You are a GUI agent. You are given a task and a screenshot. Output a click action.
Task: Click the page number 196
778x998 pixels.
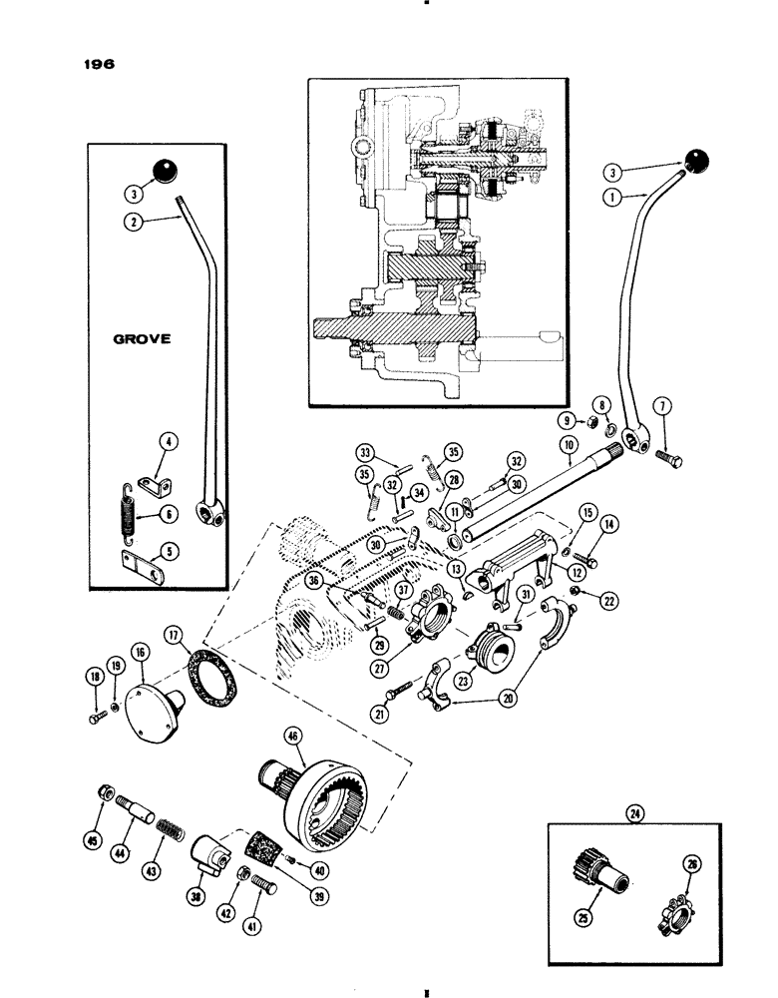point(101,61)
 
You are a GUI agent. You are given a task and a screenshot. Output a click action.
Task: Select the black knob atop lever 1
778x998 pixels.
point(695,162)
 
